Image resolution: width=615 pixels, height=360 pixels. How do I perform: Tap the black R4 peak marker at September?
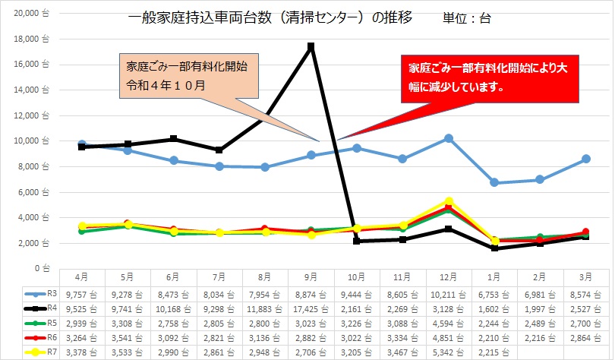(x=311, y=46)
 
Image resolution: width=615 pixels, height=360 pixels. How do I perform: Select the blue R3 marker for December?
(x=449, y=138)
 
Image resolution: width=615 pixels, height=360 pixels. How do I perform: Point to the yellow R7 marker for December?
(x=449, y=201)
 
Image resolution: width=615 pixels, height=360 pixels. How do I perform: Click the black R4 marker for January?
(x=495, y=248)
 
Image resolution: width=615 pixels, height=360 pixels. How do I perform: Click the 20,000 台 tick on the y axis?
(x=33, y=14)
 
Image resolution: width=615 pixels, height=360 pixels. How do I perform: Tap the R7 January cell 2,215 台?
(x=495, y=352)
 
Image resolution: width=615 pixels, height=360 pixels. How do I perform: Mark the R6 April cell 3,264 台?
(x=82, y=338)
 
